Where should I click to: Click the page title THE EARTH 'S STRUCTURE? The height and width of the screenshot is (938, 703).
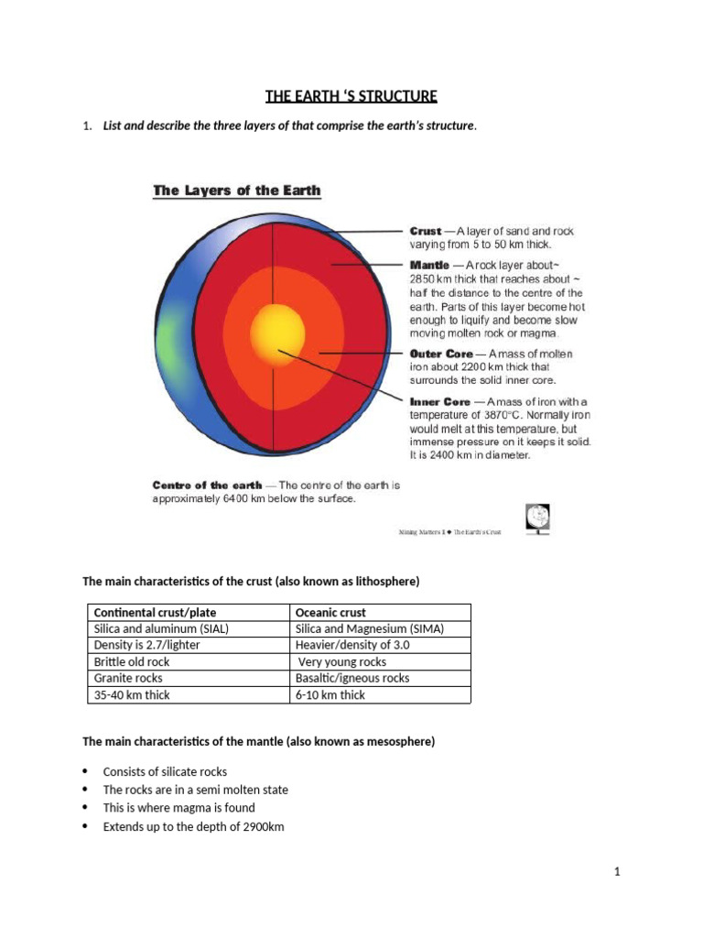(351, 96)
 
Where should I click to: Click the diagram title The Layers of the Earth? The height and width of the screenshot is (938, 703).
(236, 191)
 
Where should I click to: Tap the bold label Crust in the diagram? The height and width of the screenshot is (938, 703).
(426, 232)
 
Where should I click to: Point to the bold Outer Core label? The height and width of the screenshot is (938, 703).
(441, 353)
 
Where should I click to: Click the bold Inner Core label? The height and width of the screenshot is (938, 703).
(439, 401)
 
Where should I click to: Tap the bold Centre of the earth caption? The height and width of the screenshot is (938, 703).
(207, 485)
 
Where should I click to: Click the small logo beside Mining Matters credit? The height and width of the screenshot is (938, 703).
(538, 518)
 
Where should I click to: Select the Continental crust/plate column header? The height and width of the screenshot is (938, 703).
(156, 612)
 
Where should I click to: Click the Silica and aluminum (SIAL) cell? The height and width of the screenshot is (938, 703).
(161, 628)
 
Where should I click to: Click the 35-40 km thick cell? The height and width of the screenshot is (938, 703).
(132, 694)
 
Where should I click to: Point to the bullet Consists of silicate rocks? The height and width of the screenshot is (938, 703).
(165, 771)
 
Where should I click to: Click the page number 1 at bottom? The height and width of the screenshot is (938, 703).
(618, 872)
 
